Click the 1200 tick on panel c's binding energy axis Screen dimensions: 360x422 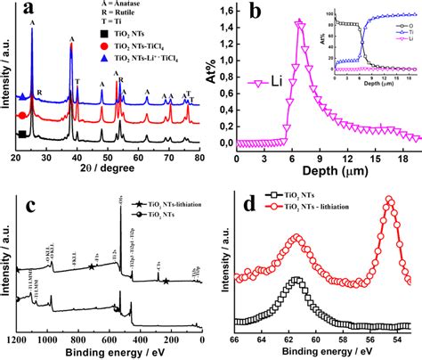18,340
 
